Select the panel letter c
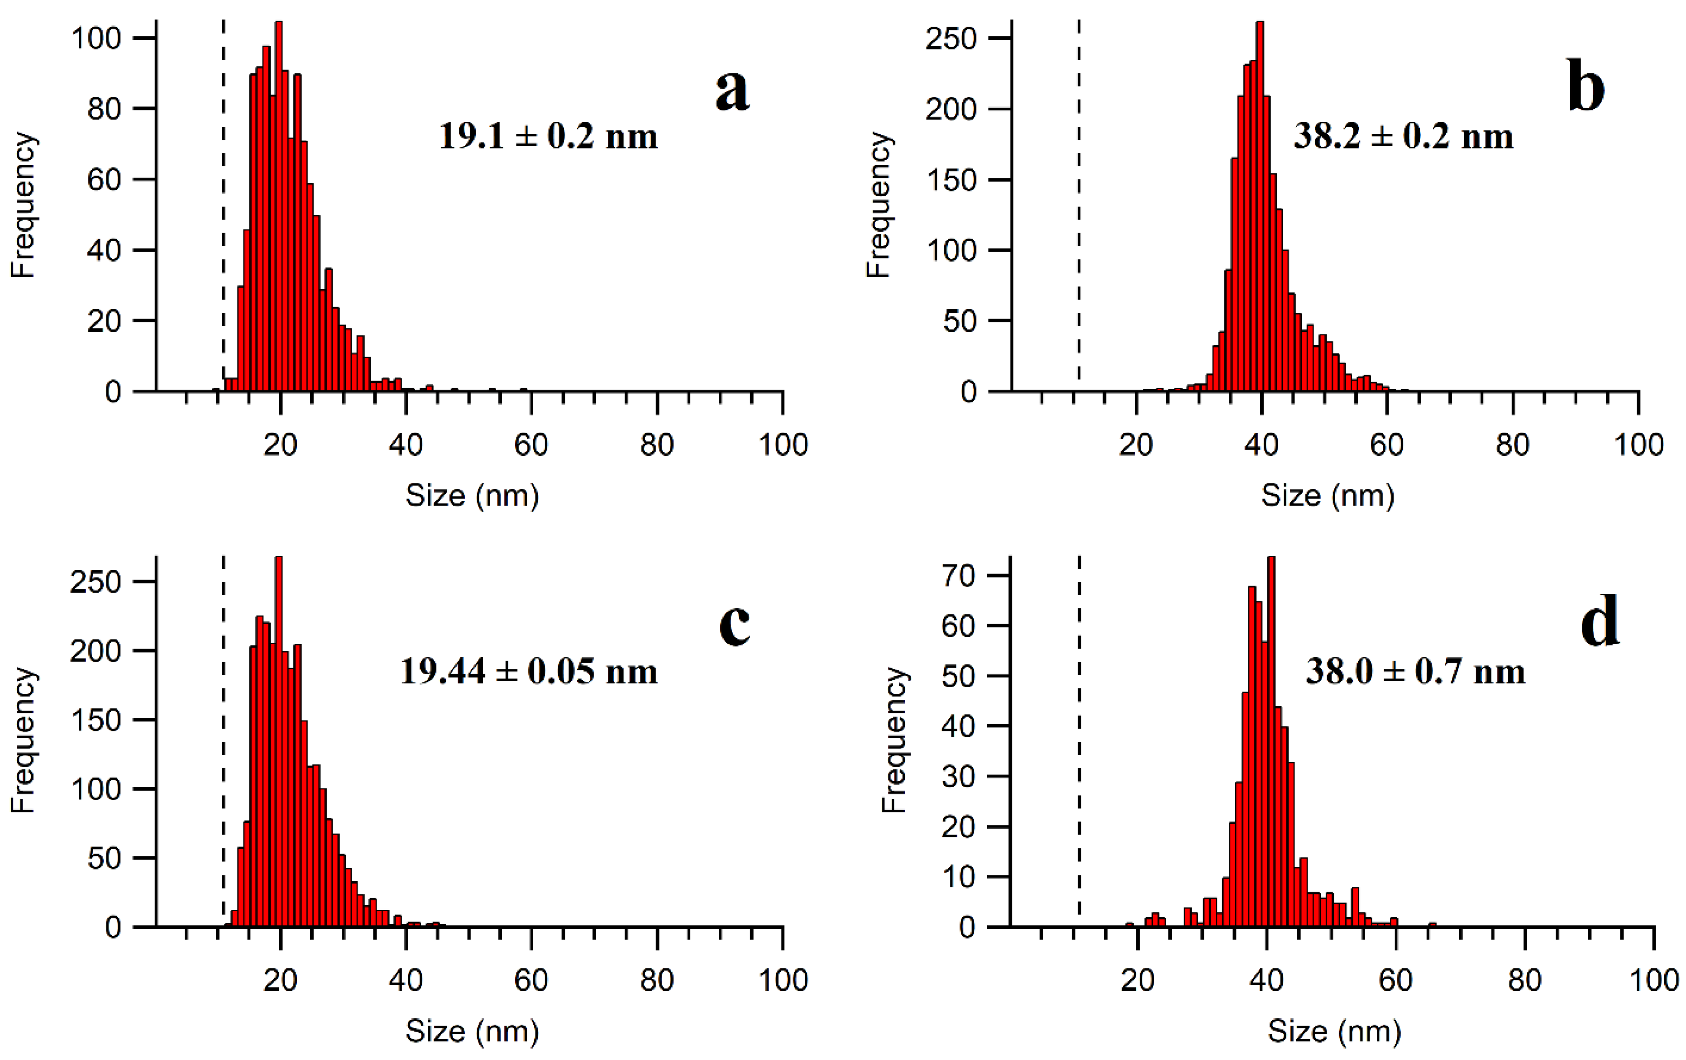point(735,625)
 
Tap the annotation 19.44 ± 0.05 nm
point(529,671)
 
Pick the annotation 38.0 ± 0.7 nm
point(1415,671)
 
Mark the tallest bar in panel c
point(279,742)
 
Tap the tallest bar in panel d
point(1271,742)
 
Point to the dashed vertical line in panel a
point(223,210)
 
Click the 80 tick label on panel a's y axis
point(104,109)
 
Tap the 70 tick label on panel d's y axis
point(959,576)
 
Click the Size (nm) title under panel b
point(1328,496)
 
